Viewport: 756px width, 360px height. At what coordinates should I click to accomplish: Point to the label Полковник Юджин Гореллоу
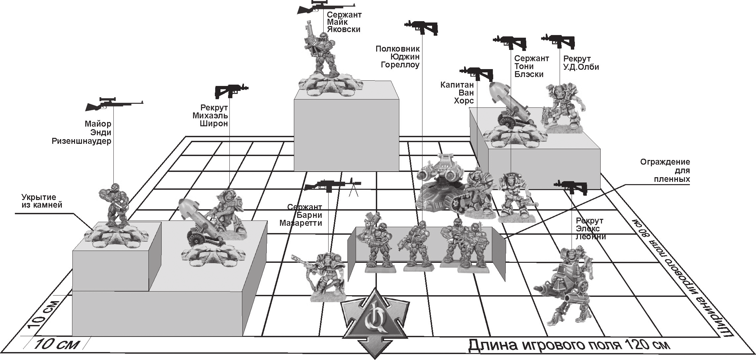[398, 57]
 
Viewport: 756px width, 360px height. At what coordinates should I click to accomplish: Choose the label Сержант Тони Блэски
[532, 66]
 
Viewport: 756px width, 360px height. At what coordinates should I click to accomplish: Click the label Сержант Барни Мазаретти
[301, 215]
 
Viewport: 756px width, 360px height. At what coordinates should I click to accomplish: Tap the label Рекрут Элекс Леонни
[591, 228]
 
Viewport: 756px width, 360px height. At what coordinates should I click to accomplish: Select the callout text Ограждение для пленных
[665, 171]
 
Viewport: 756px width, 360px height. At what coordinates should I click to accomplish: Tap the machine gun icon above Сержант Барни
[333, 185]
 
